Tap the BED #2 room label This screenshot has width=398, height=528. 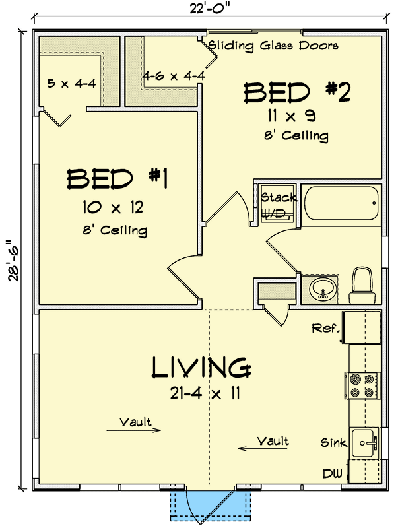(x=296, y=93)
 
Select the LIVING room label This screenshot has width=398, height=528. (x=201, y=368)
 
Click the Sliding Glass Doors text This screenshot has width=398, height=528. (x=273, y=46)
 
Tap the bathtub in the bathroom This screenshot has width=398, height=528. (x=342, y=205)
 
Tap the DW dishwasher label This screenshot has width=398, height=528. (x=332, y=473)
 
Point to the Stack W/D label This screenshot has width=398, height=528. (x=278, y=205)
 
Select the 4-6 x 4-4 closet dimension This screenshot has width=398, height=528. (x=174, y=75)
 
